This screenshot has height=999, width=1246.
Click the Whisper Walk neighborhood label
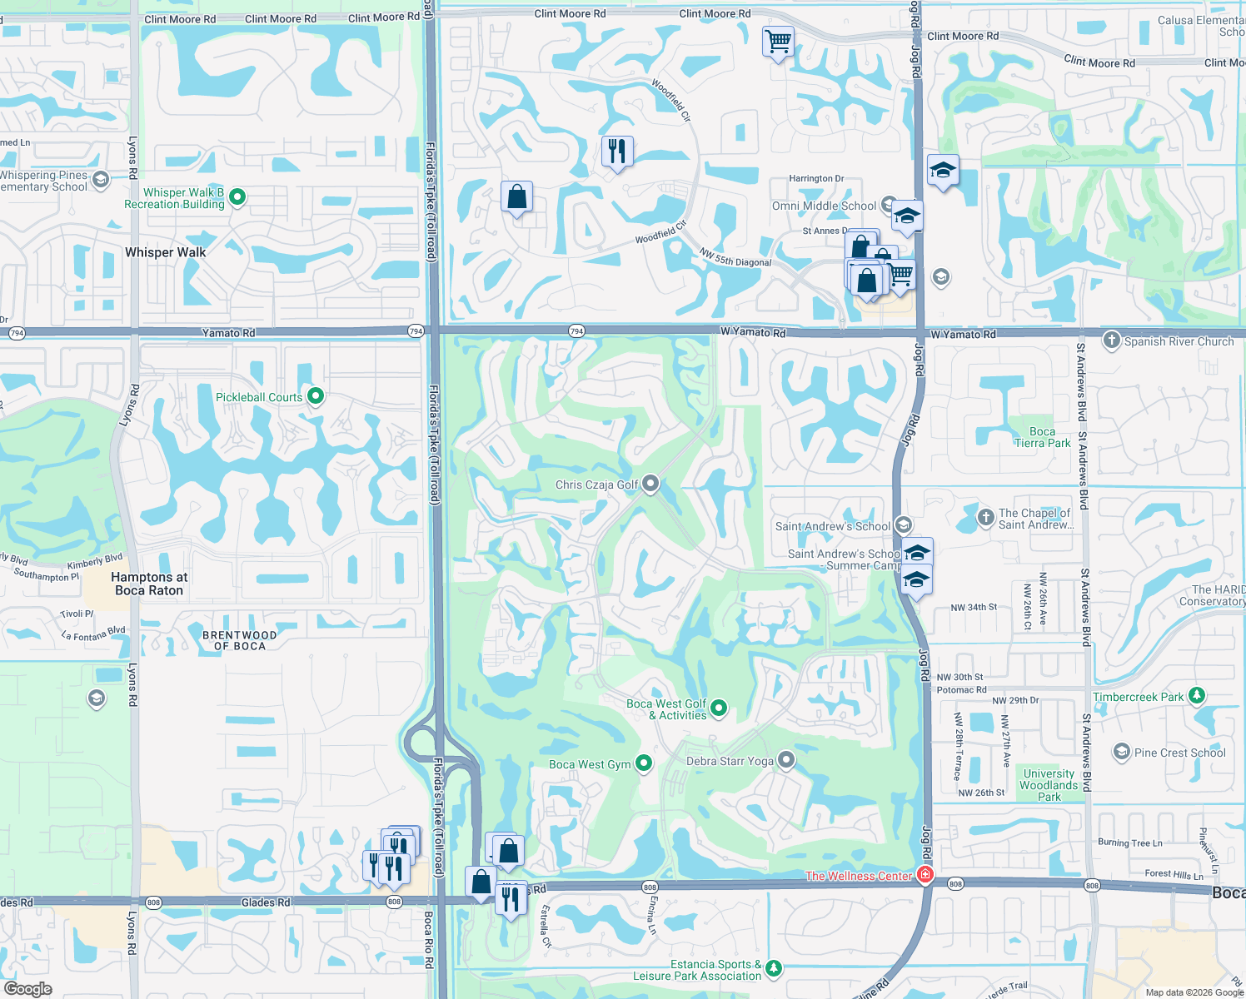165,252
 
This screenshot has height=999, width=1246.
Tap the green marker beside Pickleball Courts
316,396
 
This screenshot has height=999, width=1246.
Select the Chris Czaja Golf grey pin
650,484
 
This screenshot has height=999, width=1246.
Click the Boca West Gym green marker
644,763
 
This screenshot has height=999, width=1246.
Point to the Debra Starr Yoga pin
785,760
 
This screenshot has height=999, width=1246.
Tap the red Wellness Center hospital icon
925,874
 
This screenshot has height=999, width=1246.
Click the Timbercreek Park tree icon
1197,695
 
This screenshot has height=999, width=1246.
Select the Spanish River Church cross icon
1111,340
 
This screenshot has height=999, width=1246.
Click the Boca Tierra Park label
1042,437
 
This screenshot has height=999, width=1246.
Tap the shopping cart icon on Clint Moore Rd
778,41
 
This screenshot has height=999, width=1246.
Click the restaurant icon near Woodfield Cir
617,152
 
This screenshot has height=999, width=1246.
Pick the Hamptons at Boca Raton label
149,584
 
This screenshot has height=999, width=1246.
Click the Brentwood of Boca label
239,640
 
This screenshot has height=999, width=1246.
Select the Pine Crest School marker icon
1121,752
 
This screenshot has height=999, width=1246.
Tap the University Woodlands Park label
1049,785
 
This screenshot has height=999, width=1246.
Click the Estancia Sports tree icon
774,967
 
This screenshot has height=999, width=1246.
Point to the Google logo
27,988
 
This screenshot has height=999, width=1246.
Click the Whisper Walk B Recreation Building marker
237,197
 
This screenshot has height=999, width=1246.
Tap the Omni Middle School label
824,206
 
